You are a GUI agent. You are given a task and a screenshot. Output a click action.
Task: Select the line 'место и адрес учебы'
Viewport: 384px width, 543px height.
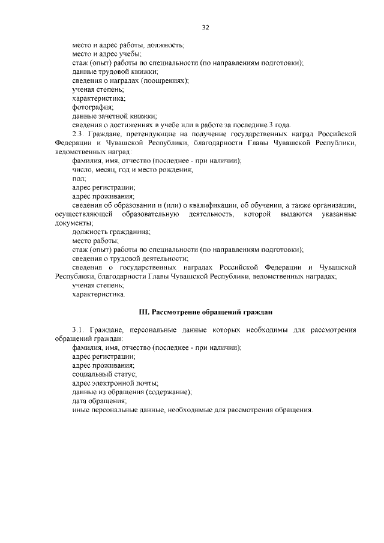(106, 54)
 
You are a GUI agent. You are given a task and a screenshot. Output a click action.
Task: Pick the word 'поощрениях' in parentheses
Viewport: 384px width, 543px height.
(164, 80)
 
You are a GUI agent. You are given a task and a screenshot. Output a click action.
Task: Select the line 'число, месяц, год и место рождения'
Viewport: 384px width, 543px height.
(132, 170)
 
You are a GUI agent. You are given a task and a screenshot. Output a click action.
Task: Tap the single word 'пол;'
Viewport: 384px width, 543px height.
(79, 178)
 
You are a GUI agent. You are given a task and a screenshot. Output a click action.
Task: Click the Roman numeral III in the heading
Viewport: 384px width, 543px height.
(144, 312)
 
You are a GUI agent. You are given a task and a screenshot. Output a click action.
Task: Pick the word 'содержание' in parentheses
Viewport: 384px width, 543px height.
(169, 392)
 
